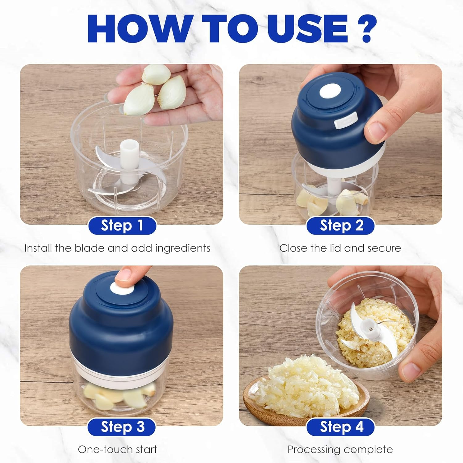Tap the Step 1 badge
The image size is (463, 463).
coord(122,226)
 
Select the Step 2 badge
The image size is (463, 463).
coord(341,226)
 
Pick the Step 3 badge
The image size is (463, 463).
coord(122,427)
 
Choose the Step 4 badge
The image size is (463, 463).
coord(341,427)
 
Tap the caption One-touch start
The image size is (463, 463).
coord(117,449)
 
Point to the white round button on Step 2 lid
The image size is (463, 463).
coord(330,92)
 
